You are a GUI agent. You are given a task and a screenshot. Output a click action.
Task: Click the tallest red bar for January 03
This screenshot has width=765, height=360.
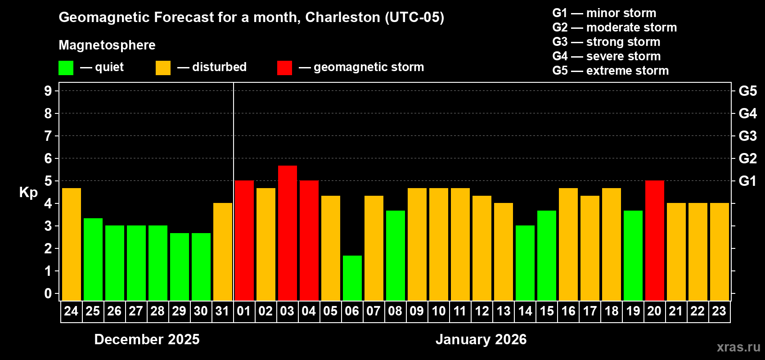coord(287,233)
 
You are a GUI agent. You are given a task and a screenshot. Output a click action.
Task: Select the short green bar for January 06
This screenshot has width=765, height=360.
coord(352,278)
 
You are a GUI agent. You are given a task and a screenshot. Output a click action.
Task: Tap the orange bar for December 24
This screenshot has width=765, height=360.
coord(71,244)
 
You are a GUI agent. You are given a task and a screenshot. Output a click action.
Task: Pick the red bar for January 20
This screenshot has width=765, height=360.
coord(654,240)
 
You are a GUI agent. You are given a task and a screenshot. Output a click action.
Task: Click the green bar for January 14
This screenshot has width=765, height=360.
coord(525,263)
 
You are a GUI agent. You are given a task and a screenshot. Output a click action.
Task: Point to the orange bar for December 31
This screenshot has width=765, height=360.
coord(222,252)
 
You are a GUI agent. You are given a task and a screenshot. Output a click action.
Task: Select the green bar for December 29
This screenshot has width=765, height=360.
coord(179,266)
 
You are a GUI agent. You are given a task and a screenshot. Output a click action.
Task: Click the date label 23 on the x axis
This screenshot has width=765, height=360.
coord(719,311)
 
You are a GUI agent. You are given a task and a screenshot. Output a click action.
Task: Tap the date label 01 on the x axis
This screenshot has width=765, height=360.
coord(244,311)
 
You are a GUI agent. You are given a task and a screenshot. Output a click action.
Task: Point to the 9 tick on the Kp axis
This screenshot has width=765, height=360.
coord(48,91)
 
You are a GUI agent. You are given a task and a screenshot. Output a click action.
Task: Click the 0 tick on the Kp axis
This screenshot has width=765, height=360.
coord(48,294)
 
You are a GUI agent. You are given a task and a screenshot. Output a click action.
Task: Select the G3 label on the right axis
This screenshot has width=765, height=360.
coord(747,136)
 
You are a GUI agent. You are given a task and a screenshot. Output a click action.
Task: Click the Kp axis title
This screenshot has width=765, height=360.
coord(28,193)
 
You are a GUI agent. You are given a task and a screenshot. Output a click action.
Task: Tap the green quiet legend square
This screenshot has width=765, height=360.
coord(66,68)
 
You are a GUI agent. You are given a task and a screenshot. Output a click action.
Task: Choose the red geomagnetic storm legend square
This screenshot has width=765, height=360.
coord(284,68)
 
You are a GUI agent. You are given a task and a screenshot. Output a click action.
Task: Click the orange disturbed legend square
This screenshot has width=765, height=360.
coord(163,68)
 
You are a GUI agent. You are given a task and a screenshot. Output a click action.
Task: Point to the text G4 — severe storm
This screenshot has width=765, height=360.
coord(606,56)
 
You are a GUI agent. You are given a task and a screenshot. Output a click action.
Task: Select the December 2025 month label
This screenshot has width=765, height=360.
coord(147,339)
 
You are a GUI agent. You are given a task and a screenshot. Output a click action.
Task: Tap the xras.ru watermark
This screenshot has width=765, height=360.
coord(738,347)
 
